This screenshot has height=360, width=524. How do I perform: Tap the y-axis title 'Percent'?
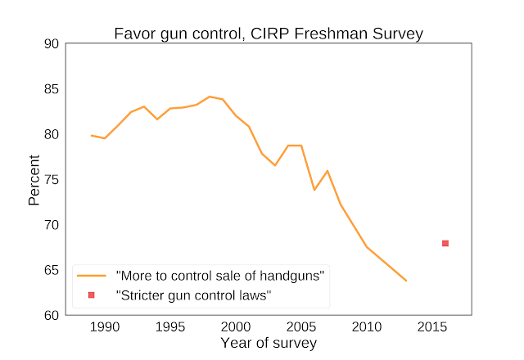tap(34, 180)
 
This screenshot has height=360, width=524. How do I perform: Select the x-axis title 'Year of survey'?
tap(268, 344)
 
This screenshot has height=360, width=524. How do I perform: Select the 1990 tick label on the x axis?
tap(105, 327)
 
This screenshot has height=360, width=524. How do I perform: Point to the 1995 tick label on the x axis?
tap(170, 327)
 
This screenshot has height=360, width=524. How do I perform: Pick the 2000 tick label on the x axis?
tap(236, 327)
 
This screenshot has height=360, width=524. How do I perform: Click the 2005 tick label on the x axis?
tap(301, 327)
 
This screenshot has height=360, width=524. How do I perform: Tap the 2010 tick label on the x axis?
tap(367, 327)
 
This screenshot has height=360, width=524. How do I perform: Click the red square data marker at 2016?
tap(445, 243)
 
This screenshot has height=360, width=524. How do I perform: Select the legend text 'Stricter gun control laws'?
tap(194, 295)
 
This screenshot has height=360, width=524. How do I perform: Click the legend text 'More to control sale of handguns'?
tap(220, 276)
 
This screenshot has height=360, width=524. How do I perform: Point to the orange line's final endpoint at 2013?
tap(406, 281)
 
